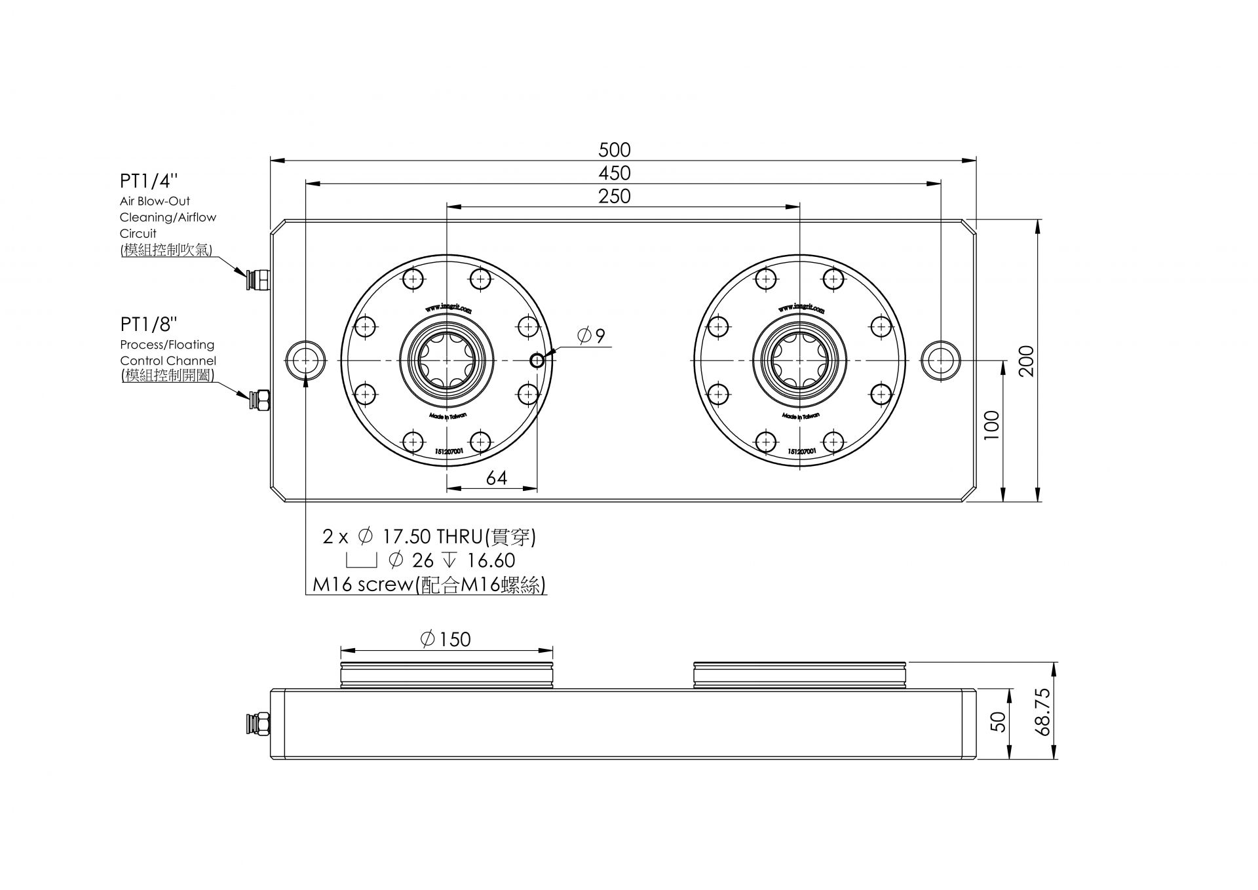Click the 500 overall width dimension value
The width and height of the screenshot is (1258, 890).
[x=614, y=150]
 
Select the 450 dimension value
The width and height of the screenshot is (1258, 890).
[x=614, y=173]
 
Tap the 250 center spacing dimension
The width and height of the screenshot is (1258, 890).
[x=614, y=196]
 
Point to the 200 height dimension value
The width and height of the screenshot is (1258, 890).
[x=1027, y=360]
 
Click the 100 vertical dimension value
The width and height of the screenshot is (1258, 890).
[x=992, y=425]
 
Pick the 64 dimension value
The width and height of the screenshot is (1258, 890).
[x=497, y=478]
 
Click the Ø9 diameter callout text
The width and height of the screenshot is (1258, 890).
[x=591, y=336]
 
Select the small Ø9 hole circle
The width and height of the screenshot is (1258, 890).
[x=537, y=360]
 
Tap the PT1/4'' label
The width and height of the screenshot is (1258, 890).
[x=149, y=181]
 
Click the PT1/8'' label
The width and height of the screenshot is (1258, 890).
[x=149, y=324]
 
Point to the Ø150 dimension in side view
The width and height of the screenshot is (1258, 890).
[x=446, y=639]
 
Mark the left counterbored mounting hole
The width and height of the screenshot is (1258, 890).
[x=305, y=360]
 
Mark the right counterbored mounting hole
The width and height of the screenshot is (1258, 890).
[x=940, y=360]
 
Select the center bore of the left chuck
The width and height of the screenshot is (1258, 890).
[x=446, y=360]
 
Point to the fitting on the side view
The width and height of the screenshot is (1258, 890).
[x=261, y=724]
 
